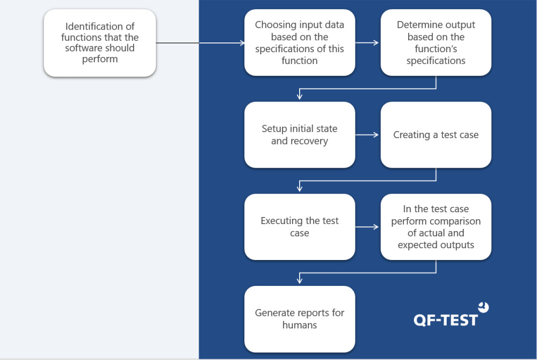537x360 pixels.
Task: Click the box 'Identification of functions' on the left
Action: (100, 43)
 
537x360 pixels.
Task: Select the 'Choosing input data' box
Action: (300, 43)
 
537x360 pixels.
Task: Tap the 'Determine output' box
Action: (436, 43)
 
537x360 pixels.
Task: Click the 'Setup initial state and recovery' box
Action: (300, 135)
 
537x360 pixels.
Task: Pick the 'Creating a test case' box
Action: (436, 135)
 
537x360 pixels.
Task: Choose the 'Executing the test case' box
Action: (300, 227)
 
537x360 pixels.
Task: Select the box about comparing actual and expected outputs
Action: (436, 227)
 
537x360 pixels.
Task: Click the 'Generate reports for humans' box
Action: (300, 319)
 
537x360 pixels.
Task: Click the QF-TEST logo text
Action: (445, 320)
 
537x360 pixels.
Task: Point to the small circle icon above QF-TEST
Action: (484, 307)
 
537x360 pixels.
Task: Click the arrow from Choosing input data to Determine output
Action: (367, 43)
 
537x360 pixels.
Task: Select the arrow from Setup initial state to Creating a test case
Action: (367, 135)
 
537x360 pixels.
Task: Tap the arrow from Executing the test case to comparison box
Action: (367, 227)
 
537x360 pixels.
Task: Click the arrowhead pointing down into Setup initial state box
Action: (300, 97)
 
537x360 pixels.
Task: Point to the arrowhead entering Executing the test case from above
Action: (300, 189)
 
